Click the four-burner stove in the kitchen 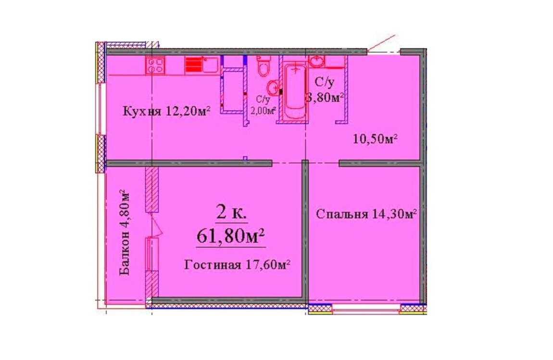[x=155, y=65]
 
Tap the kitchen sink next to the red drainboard [x=210, y=65]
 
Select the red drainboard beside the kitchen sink [x=193, y=65]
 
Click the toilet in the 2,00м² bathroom [x=264, y=66]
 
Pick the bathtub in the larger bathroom [x=295, y=91]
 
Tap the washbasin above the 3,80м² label [x=317, y=62]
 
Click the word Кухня [x=141, y=112]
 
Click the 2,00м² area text [x=263, y=111]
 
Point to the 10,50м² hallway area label [x=375, y=139]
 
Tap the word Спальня [x=342, y=214]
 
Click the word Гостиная [x=213, y=265]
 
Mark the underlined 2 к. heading [x=231, y=214]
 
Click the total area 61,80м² [x=231, y=236]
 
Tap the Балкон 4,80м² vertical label [x=125, y=233]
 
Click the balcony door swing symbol [x=155, y=226]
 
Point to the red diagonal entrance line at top [x=382, y=44]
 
